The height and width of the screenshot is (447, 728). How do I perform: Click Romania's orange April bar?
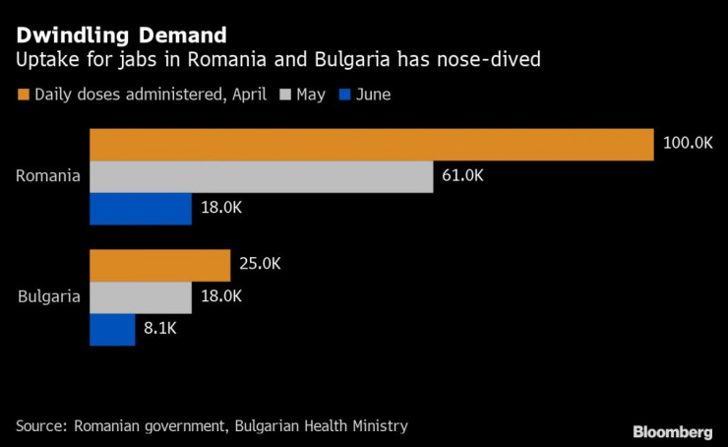tap(372, 145)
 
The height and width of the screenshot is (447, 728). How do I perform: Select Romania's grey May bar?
tap(262, 177)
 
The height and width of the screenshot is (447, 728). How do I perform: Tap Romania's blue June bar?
tap(141, 209)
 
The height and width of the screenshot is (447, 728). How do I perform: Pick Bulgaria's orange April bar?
tap(160, 265)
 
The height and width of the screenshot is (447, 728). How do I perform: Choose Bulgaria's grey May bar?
tap(141, 297)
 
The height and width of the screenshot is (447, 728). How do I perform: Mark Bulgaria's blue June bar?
tap(112, 330)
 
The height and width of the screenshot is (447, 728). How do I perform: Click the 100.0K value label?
tap(688, 144)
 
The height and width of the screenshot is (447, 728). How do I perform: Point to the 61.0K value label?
tap(462, 177)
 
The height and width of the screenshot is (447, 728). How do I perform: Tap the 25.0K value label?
tap(260, 265)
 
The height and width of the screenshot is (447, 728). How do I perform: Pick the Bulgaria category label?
tap(49, 297)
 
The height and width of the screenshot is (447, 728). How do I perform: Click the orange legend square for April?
tap(23, 96)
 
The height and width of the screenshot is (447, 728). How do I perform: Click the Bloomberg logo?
tap(673, 431)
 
